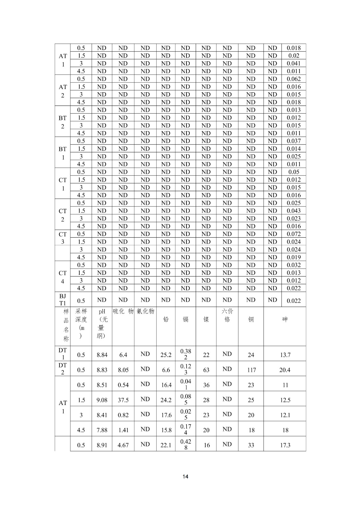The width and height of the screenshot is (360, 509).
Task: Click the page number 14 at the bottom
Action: point(186,476)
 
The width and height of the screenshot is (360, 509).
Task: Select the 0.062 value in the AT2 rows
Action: point(293,79)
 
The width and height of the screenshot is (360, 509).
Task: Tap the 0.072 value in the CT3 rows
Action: point(293,234)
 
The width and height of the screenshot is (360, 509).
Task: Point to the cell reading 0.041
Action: point(293,63)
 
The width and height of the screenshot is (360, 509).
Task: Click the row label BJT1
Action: point(63,300)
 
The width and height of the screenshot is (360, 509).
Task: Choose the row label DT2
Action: point(63,369)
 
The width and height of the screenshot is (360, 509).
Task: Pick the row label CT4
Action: point(63,277)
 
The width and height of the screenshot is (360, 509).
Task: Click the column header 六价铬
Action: point(227,315)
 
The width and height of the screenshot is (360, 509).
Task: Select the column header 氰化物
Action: point(145,311)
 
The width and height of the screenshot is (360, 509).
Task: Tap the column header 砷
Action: point(285,319)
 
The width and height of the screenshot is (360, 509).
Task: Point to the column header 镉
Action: point(186,319)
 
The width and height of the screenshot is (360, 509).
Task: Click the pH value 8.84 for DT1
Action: point(102,355)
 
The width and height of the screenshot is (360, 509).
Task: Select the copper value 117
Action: point(251,370)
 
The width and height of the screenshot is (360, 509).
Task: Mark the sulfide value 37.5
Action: point(123,400)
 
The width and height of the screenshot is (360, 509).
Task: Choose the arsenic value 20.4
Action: point(285,370)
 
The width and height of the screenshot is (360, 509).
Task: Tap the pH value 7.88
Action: point(102,430)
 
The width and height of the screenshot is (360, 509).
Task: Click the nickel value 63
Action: point(206,370)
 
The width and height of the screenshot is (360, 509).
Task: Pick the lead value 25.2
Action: point(166,355)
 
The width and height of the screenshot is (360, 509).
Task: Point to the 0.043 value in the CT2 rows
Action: point(293,211)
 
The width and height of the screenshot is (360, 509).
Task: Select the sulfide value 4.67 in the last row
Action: point(123,445)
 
